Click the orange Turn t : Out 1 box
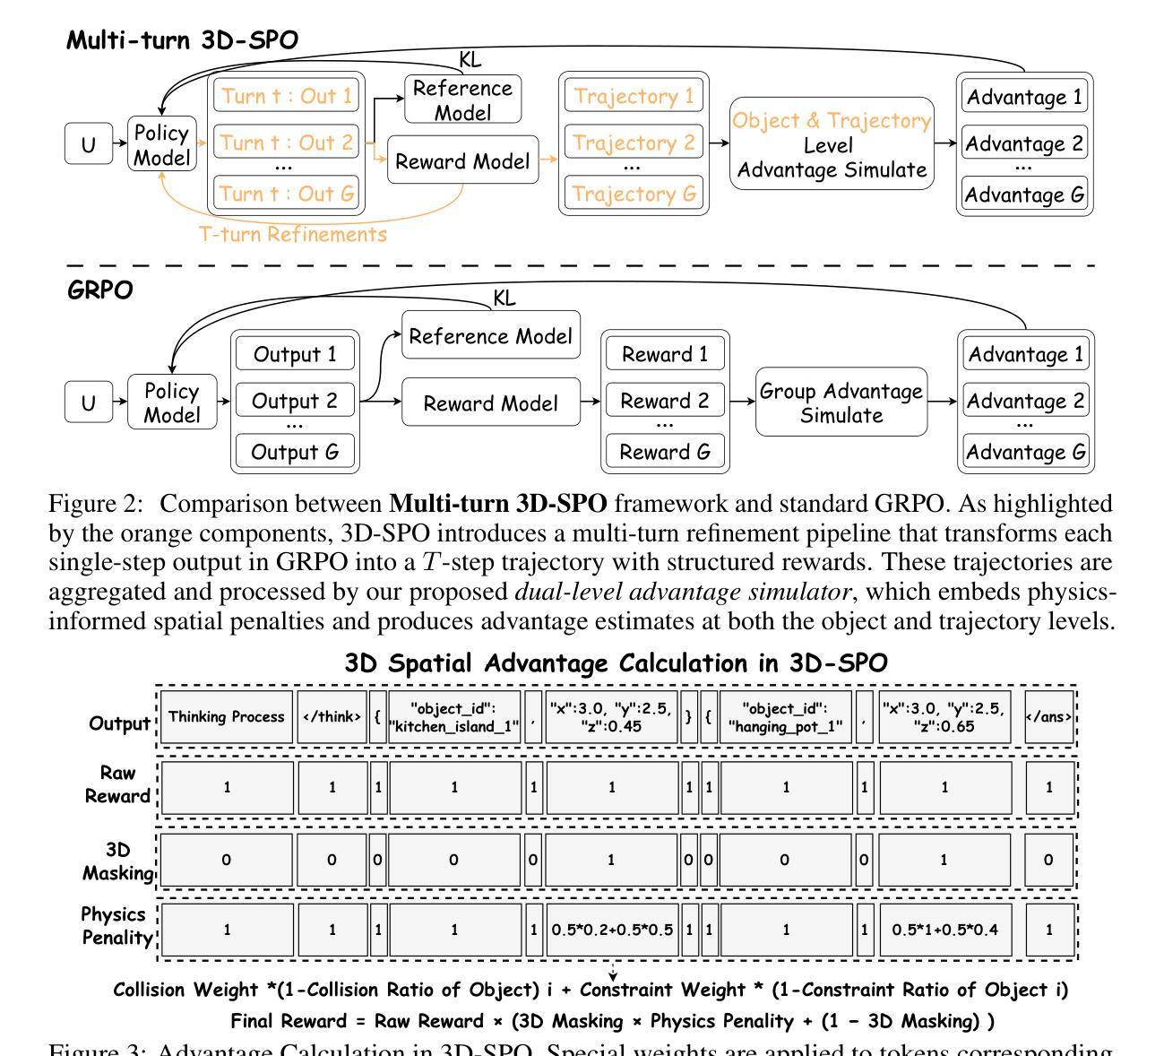tap(287, 96)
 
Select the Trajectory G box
tap(633, 193)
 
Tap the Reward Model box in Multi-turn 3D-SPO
tap(463, 160)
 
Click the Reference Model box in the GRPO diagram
tap(490, 336)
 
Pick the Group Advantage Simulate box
tap(841, 402)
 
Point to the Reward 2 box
tap(664, 401)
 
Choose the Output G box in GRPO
tap(295, 452)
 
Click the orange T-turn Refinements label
tap(293, 235)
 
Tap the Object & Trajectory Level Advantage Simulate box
tap(832, 144)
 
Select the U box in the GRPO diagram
tap(88, 402)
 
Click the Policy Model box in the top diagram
tap(161, 144)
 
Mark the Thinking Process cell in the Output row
tap(227, 717)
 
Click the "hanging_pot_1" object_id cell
tap(785, 717)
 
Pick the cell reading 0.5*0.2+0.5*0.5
tap(612, 930)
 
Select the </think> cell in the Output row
tap(332, 717)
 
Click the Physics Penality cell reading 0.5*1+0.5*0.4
tap(944, 930)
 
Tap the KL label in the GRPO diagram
tap(504, 298)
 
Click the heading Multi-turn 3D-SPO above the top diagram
tap(183, 40)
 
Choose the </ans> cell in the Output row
tap(1049, 717)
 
